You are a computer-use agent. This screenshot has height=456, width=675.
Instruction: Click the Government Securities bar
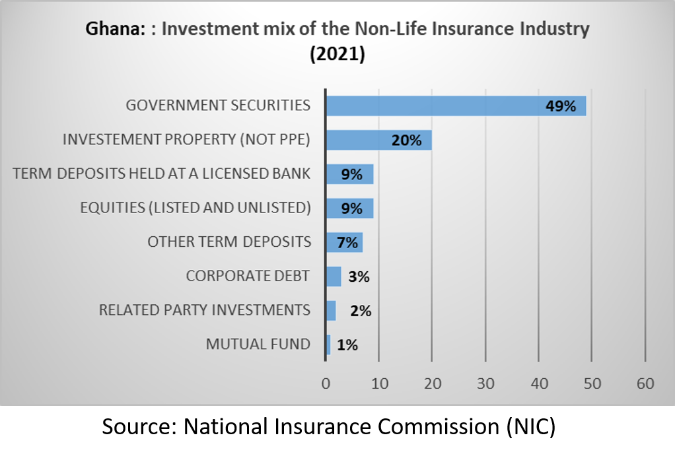[456, 106]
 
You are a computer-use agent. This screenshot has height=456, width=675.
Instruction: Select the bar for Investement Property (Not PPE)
[378, 140]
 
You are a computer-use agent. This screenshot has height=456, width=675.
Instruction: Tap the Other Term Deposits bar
[344, 242]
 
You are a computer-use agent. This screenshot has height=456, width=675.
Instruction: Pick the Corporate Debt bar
[334, 277]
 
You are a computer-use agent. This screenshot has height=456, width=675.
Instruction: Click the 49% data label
[561, 106]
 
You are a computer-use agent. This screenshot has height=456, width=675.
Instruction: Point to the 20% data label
[406, 141]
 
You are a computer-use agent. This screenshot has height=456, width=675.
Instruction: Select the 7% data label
[347, 243]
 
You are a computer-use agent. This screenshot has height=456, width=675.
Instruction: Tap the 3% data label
[359, 277]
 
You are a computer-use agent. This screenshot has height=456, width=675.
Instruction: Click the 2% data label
[361, 311]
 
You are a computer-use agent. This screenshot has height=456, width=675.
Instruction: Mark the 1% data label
[347, 344]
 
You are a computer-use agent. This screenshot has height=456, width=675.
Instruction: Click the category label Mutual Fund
[258, 344]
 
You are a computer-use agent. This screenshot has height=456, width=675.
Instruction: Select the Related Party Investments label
[204, 309]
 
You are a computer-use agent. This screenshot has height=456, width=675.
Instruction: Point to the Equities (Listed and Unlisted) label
[195, 207]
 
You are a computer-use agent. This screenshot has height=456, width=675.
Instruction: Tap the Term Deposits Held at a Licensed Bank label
[162, 174]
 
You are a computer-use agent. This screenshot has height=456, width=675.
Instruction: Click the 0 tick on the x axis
[326, 383]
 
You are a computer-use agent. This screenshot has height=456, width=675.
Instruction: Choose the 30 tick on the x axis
[485, 383]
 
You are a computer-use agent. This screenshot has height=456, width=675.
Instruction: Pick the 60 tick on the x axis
[645, 383]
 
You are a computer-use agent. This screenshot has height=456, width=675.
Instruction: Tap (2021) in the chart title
[337, 54]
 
